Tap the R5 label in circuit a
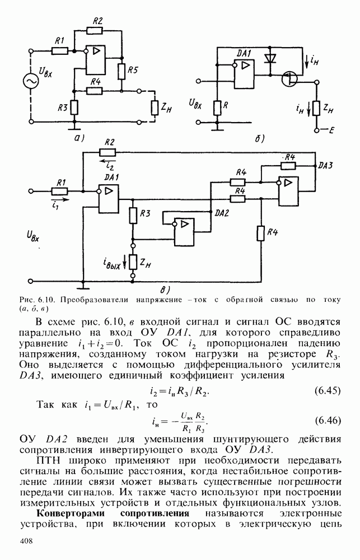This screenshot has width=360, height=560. coord(132,70)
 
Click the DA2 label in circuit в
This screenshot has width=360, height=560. coord(223,213)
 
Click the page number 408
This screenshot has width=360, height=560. coord(26,540)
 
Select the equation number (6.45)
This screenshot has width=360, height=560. coord(325,390)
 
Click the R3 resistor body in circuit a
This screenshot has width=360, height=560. coord(73,106)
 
